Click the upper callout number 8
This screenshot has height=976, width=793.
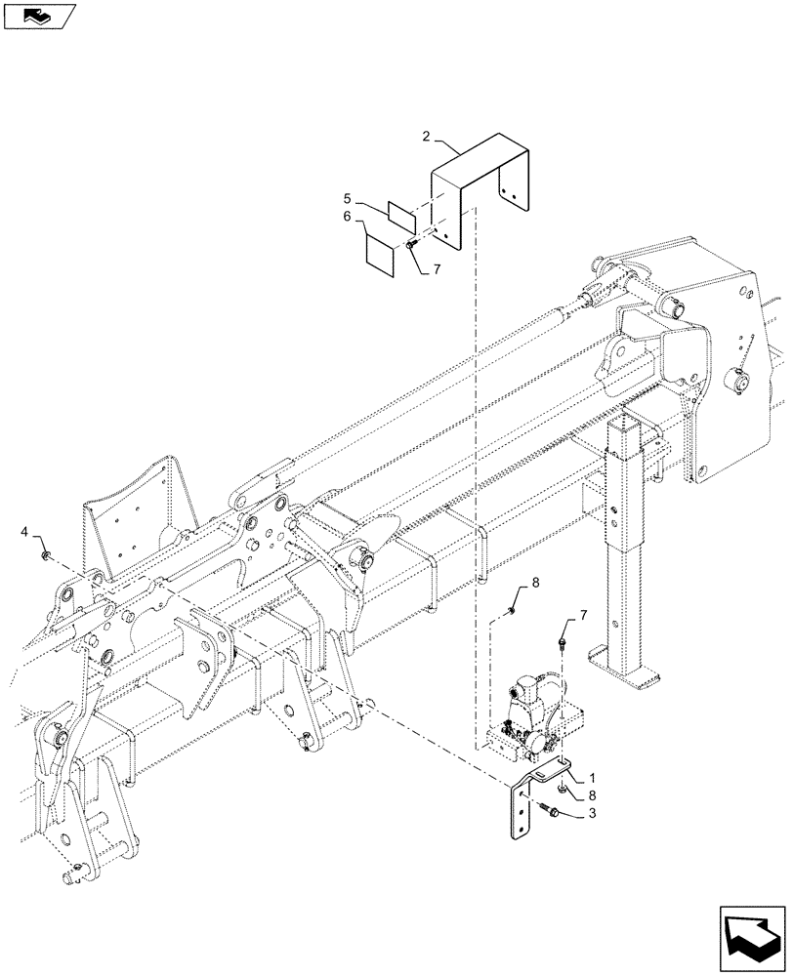tap(534, 585)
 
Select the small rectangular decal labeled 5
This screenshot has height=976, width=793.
tap(401, 212)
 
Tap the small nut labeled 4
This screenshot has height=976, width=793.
tap(47, 554)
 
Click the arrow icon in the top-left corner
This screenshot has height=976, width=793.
tap(38, 15)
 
